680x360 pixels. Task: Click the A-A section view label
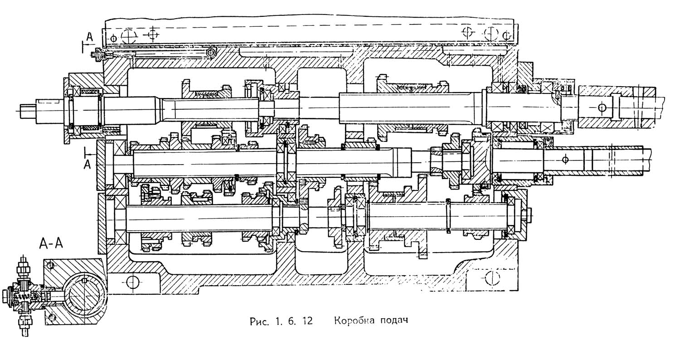[x=51, y=245]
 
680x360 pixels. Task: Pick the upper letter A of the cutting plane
[x=90, y=38]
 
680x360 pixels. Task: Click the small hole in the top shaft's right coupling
[x=602, y=107]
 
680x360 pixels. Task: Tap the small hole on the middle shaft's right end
[x=564, y=159]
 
